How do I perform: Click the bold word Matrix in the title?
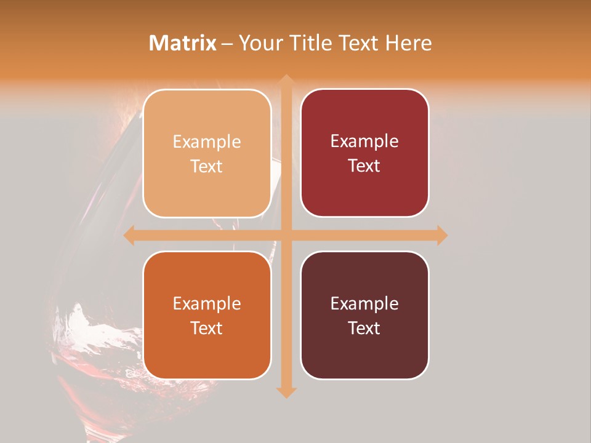[x=183, y=43]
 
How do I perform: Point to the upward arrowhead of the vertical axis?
[x=286, y=81]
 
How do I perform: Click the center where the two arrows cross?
[x=286, y=235]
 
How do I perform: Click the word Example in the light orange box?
[x=207, y=142]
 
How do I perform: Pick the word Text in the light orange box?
[x=207, y=166]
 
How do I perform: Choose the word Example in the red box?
[x=364, y=142]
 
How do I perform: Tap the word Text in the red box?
[x=364, y=166]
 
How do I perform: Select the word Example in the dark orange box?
[x=207, y=304]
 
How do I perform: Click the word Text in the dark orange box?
[x=207, y=328]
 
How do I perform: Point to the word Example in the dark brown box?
[x=364, y=304]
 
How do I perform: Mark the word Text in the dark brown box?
[x=364, y=328]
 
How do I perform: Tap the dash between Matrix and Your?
[x=227, y=44]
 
